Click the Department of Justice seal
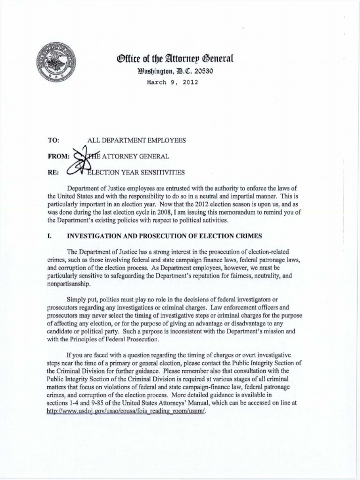[x=56, y=62]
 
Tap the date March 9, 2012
[x=172, y=82]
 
